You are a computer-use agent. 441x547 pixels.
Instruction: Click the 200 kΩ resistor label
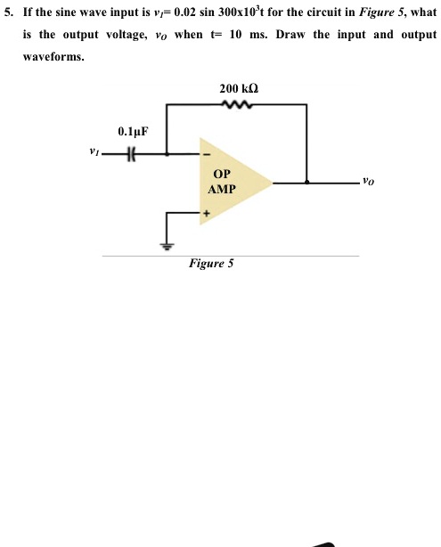click(239, 89)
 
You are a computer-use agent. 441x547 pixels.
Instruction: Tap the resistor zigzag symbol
click(239, 104)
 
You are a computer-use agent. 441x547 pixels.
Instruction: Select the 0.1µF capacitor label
click(133, 132)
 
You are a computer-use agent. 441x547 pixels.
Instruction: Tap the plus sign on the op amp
click(206, 214)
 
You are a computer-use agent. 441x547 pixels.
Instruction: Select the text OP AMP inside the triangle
click(222, 183)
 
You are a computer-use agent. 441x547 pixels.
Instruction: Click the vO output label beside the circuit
click(369, 182)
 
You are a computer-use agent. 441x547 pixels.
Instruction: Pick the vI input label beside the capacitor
click(94, 152)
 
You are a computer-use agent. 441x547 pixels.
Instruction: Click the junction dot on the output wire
click(307, 183)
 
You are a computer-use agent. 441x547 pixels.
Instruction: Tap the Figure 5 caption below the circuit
click(210, 264)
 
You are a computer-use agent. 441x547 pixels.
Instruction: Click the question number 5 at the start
click(8, 12)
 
